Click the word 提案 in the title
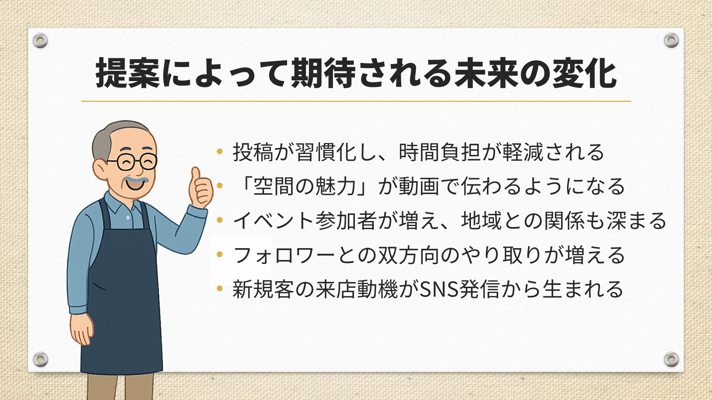[x=128, y=73]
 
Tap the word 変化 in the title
[x=585, y=73]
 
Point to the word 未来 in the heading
[x=487, y=73]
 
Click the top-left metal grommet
[x=40, y=40]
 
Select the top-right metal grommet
[x=671, y=40]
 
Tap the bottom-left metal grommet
[x=40, y=359]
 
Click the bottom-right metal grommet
[x=671, y=359]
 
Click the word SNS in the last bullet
[x=439, y=289]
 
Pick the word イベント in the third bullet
[x=274, y=221]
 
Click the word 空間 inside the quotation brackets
[x=274, y=186]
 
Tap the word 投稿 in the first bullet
[x=253, y=152]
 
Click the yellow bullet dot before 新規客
[x=220, y=288]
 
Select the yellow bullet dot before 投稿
[x=220, y=151]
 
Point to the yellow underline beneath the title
[x=356, y=101]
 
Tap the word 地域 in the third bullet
[x=481, y=221]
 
